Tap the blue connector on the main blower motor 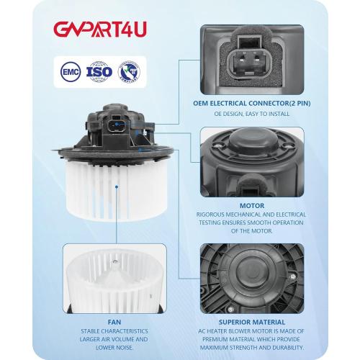[115, 127]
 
